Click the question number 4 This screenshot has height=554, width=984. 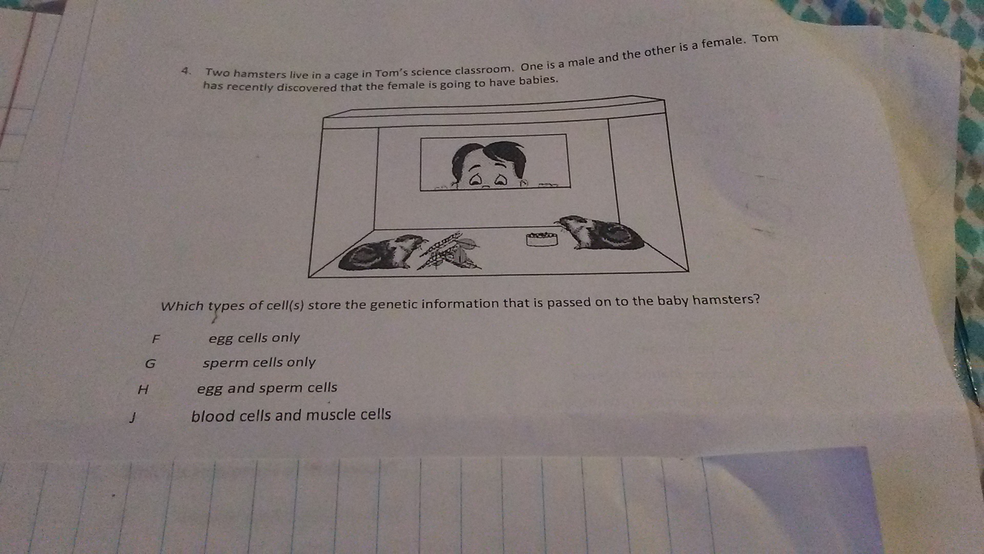point(186,71)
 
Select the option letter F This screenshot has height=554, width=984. point(156,339)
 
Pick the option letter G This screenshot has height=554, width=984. point(150,364)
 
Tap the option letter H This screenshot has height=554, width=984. point(143,390)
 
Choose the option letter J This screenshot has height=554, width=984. point(133,418)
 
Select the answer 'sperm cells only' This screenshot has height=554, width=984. point(259,363)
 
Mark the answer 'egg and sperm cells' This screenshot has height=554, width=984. point(267,388)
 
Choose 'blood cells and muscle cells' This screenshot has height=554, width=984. point(291,415)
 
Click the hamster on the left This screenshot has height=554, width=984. point(382,254)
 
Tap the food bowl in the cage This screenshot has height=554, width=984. point(542,239)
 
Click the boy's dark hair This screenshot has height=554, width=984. point(489,157)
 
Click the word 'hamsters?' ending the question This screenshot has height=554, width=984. point(726,299)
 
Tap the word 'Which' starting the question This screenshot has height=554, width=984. point(182,306)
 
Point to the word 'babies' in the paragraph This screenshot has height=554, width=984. point(538,81)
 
